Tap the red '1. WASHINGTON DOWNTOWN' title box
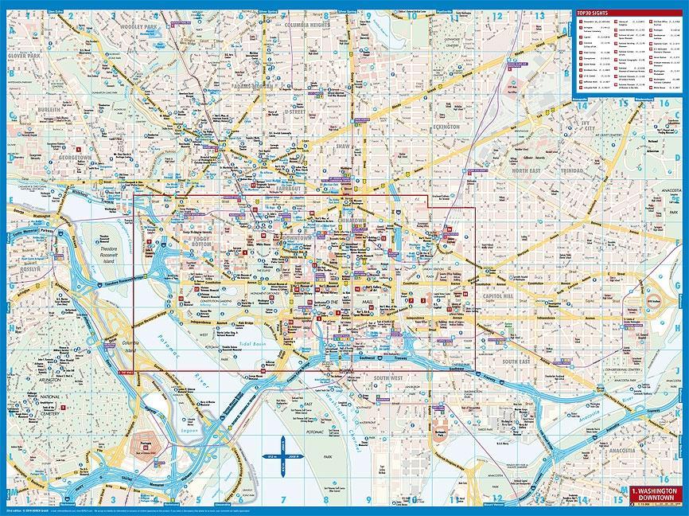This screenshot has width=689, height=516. click(655, 493)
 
